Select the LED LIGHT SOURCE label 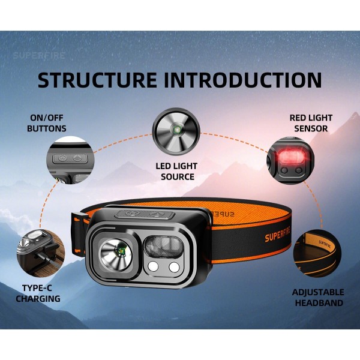click(x=177, y=171)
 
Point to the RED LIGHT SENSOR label click(x=310, y=123)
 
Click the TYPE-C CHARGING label click(x=38, y=293)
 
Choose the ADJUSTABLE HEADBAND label click(x=318, y=297)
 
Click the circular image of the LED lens click(x=175, y=130)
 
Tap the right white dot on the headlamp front click(x=175, y=267)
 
